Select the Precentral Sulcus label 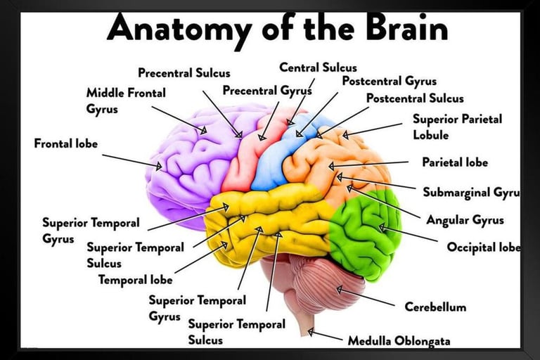point(184,73)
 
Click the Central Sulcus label point(318,67)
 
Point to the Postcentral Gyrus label point(389,81)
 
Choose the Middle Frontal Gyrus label point(126,101)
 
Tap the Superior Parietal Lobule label point(457,127)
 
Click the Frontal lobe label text point(66,144)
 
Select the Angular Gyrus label point(465,220)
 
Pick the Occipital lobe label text point(484,247)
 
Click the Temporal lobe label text point(135,280)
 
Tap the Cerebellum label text point(435,307)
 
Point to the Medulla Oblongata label point(399,341)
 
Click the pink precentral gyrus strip point(243,158)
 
